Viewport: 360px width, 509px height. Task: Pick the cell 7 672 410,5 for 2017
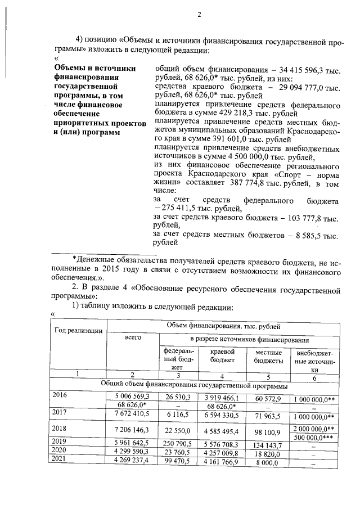point(133,413)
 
